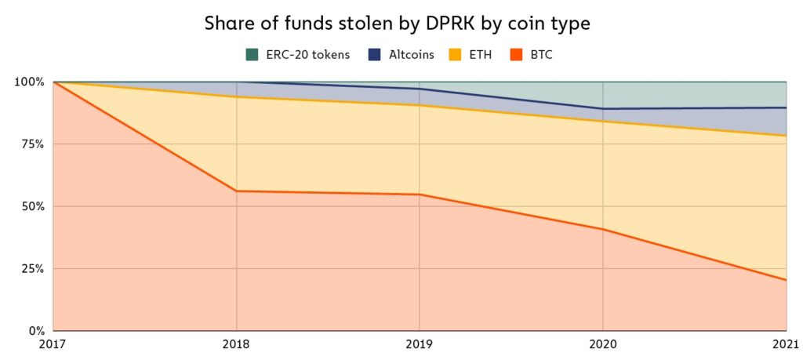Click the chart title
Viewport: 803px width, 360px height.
click(397, 24)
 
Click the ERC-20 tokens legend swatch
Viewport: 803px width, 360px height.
click(252, 54)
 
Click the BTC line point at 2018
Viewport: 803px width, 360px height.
click(236, 191)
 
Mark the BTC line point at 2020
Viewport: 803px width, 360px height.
click(603, 229)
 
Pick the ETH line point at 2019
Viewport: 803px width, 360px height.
click(420, 106)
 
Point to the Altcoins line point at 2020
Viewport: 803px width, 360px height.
click(603, 108)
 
